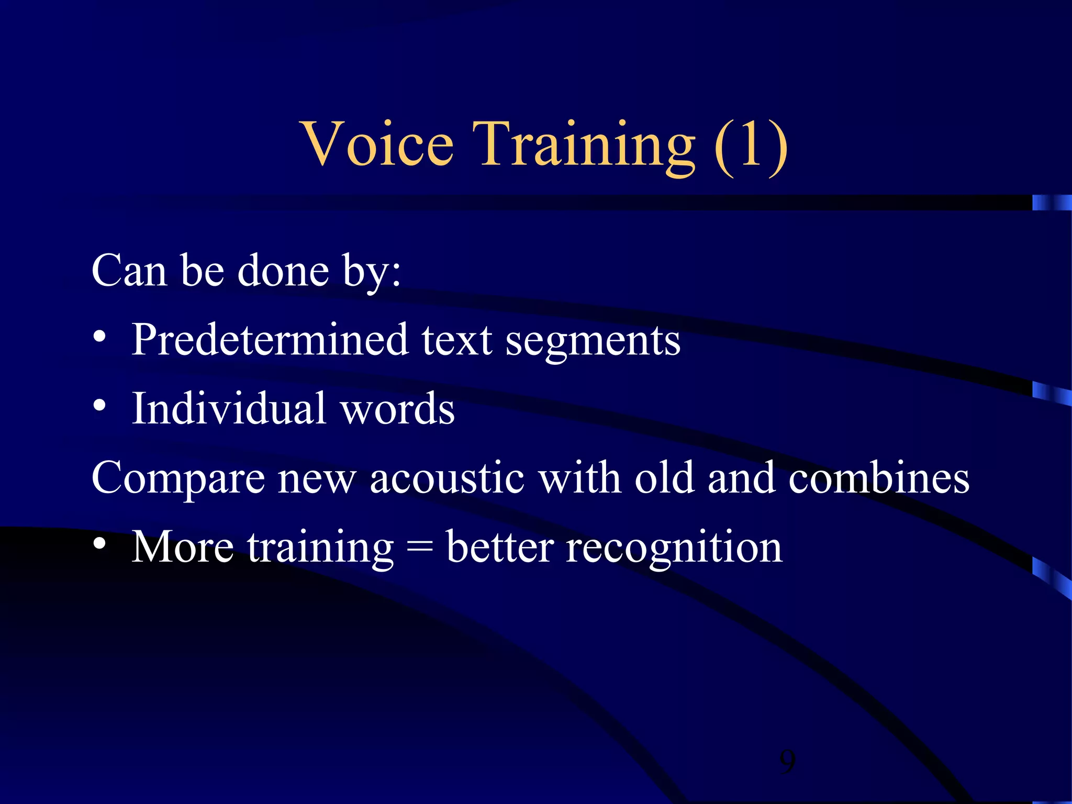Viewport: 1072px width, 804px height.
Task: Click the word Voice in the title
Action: pyautogui.click(x=377, y=144)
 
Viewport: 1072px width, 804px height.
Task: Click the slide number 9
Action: pyautogui.click(x=787, y=762)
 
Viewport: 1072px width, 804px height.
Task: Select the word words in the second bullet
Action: pyautogui.click(x=398, y=409)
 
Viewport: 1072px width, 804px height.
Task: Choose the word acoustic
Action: pyautogui.click(x=447, y=477)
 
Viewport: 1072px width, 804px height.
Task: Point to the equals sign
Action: pyautogui.click(x=420, y=548)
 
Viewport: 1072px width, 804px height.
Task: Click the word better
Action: pyautogui.click(x=499, y=546)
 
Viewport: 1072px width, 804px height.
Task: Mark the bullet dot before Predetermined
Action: pyautogui.click(x=99, y=337)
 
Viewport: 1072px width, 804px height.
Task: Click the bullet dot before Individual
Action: pyautogui.click(x=99, y=405)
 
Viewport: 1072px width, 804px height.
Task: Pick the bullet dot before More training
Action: pyautogui.click(x=99, y=543)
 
